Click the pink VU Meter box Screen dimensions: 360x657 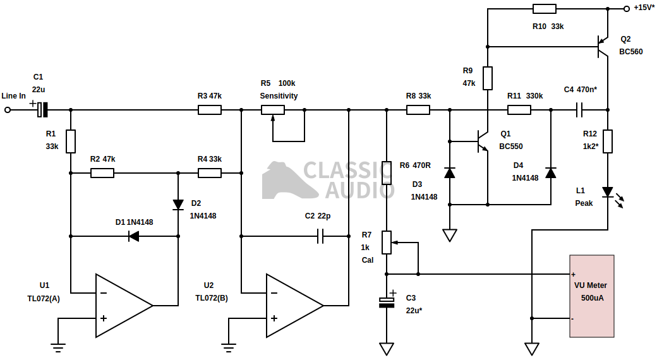pos(591,296)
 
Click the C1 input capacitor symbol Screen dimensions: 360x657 pos(42,110)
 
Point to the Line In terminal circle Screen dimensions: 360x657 pos(8,110)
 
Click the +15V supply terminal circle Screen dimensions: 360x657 pos(626,9)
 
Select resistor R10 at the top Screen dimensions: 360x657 pos(544,9)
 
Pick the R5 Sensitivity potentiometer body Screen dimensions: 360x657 pos(273,110)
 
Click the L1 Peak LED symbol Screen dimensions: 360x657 pos(608,192)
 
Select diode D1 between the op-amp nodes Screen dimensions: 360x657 pos(133,236)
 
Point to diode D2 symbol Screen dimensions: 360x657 pos(178,205)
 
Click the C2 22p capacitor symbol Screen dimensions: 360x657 pos(320,236)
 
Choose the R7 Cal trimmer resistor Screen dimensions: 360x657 pos(387,242)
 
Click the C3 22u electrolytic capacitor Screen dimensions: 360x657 pos(387,303)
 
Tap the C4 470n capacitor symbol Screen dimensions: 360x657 pos(579,110)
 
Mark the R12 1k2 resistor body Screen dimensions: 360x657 pos(608,141)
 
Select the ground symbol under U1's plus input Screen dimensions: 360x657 pos(58,345)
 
